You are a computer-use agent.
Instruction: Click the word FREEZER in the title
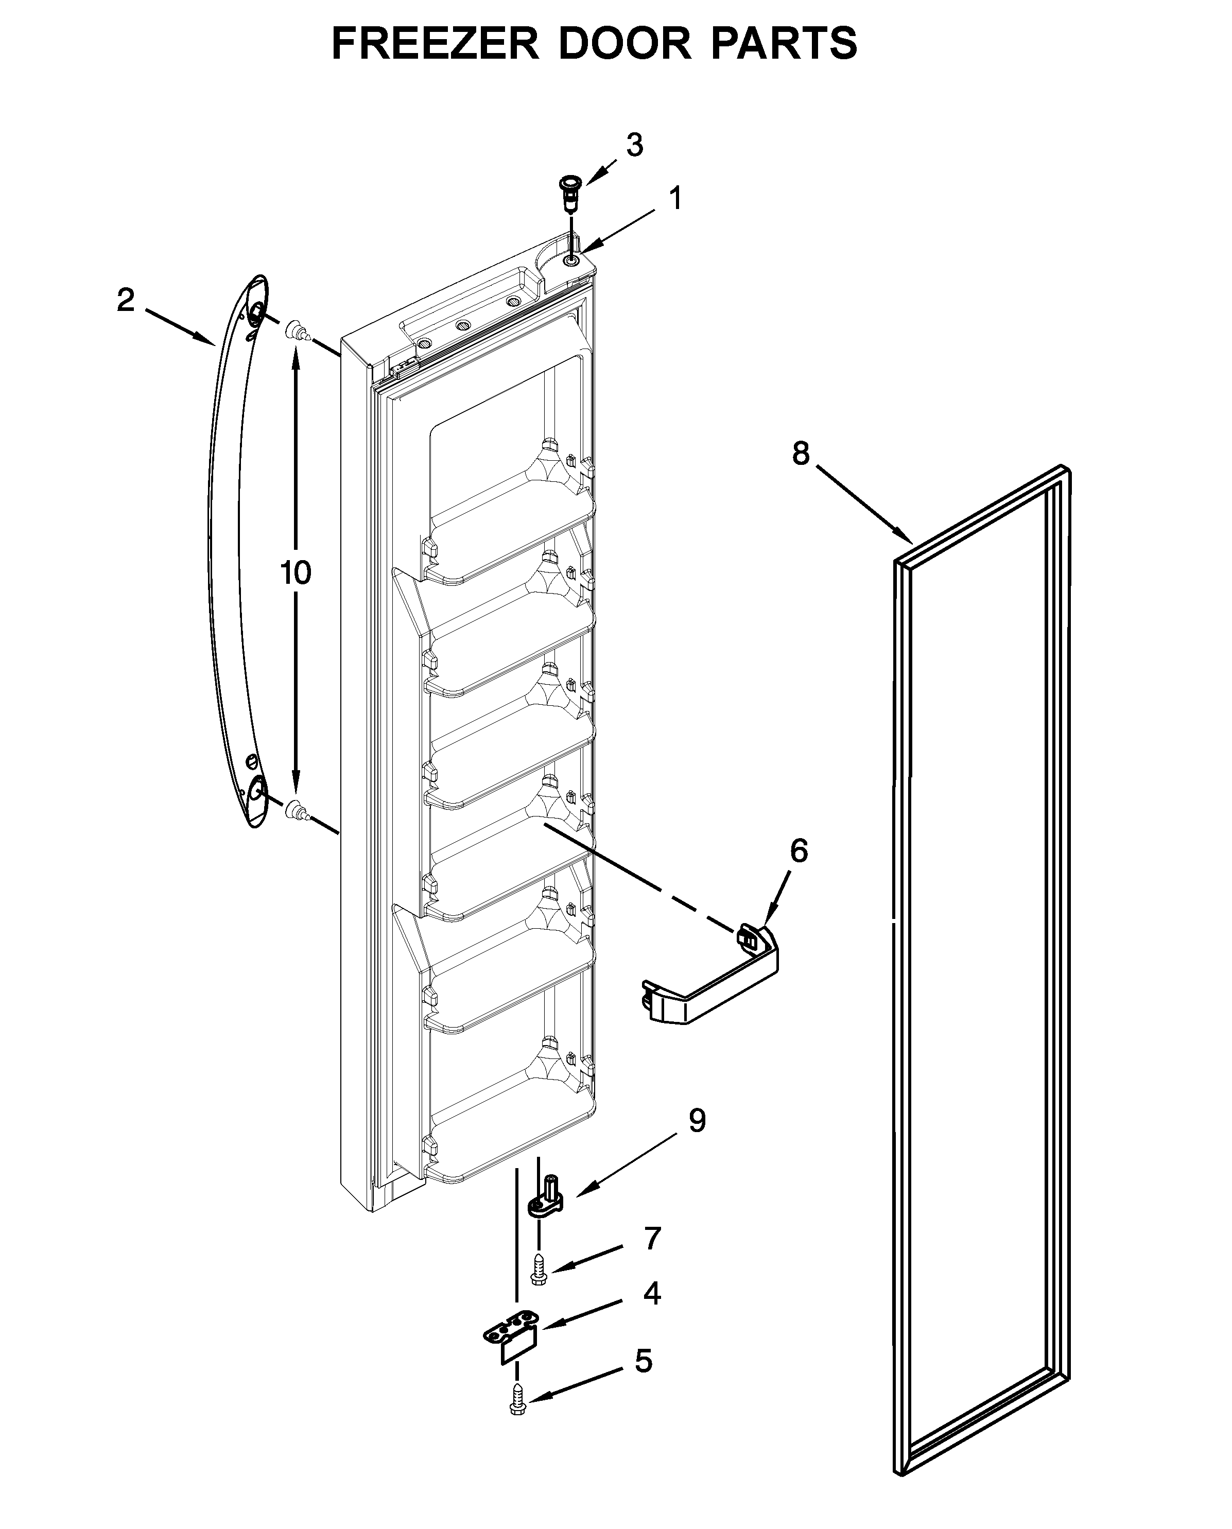point(435,44)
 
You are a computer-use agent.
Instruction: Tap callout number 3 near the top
point(634,146)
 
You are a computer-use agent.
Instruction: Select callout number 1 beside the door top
point(676,199)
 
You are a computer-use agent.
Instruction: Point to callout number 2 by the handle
point(126,301)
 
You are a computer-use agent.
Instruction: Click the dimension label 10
point(295,572)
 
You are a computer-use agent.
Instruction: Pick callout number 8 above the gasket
point(801,454)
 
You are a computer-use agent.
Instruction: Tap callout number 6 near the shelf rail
point(799,850)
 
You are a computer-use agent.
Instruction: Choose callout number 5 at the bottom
point(643,1361)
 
